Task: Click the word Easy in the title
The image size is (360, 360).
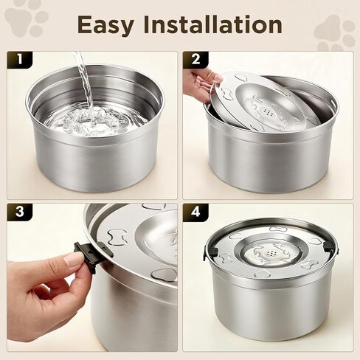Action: [x=105, y=25]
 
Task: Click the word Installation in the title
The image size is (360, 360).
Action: [x=213, y=24]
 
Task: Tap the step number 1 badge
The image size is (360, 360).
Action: [x=20, y=59]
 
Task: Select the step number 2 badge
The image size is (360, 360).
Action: [x=195, y=59]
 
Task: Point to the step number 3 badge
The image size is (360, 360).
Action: [x=20, y=211]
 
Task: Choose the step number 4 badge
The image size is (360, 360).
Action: [x=195, y=211]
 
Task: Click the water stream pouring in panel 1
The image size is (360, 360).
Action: [x=86, y=83]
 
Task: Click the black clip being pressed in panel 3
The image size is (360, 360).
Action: [x=86, y=256]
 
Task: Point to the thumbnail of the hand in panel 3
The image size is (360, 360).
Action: [x=72, y=260]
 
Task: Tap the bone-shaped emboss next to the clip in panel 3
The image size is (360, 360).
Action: [x=117, y=238]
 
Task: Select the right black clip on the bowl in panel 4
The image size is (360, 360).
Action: [x=328, y=246]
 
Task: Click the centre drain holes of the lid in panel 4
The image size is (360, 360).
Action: [x=271, y=252]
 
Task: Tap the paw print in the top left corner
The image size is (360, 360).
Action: [x=27, y=21]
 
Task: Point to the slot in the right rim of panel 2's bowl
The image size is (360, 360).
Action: [x=333, y=102]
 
